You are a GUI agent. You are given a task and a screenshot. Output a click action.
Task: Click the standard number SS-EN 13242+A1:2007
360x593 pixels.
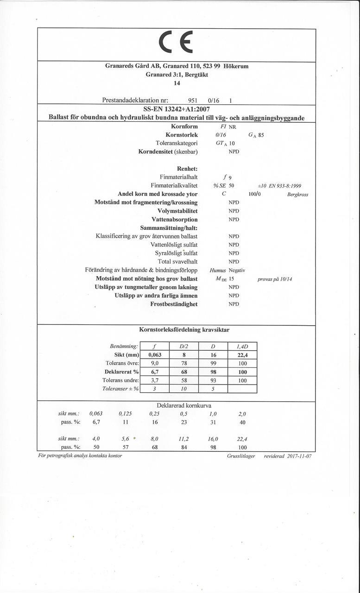[177, 109]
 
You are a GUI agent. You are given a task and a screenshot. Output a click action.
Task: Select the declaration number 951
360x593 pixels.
[193, 101]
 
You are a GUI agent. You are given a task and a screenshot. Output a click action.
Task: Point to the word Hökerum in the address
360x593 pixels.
[236, 66]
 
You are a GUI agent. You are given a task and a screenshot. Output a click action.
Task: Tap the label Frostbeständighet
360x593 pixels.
[174, 304]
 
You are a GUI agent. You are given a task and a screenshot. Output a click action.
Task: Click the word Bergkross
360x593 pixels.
[297, 195]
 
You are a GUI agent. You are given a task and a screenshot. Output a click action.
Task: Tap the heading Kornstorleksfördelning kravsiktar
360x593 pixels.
[184, 330]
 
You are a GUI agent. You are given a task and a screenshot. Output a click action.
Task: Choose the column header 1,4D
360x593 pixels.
[242, 347]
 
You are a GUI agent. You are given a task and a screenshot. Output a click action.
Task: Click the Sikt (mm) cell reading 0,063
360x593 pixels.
[154, 355]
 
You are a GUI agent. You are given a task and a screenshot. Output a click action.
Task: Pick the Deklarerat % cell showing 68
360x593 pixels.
[184, 372]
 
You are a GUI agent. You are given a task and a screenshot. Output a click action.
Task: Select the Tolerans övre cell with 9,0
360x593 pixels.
[154, 363]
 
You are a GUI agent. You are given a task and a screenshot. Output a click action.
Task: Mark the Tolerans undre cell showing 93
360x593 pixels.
[213, 380]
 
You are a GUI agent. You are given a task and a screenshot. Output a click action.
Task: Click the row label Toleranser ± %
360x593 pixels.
[120, 389]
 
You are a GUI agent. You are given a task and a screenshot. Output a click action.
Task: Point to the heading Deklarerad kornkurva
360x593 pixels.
[184, 406]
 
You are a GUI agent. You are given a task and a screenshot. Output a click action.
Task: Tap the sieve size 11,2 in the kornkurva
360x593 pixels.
[184, 438]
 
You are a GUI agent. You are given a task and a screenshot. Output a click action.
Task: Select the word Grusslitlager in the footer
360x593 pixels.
[241, 456]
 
